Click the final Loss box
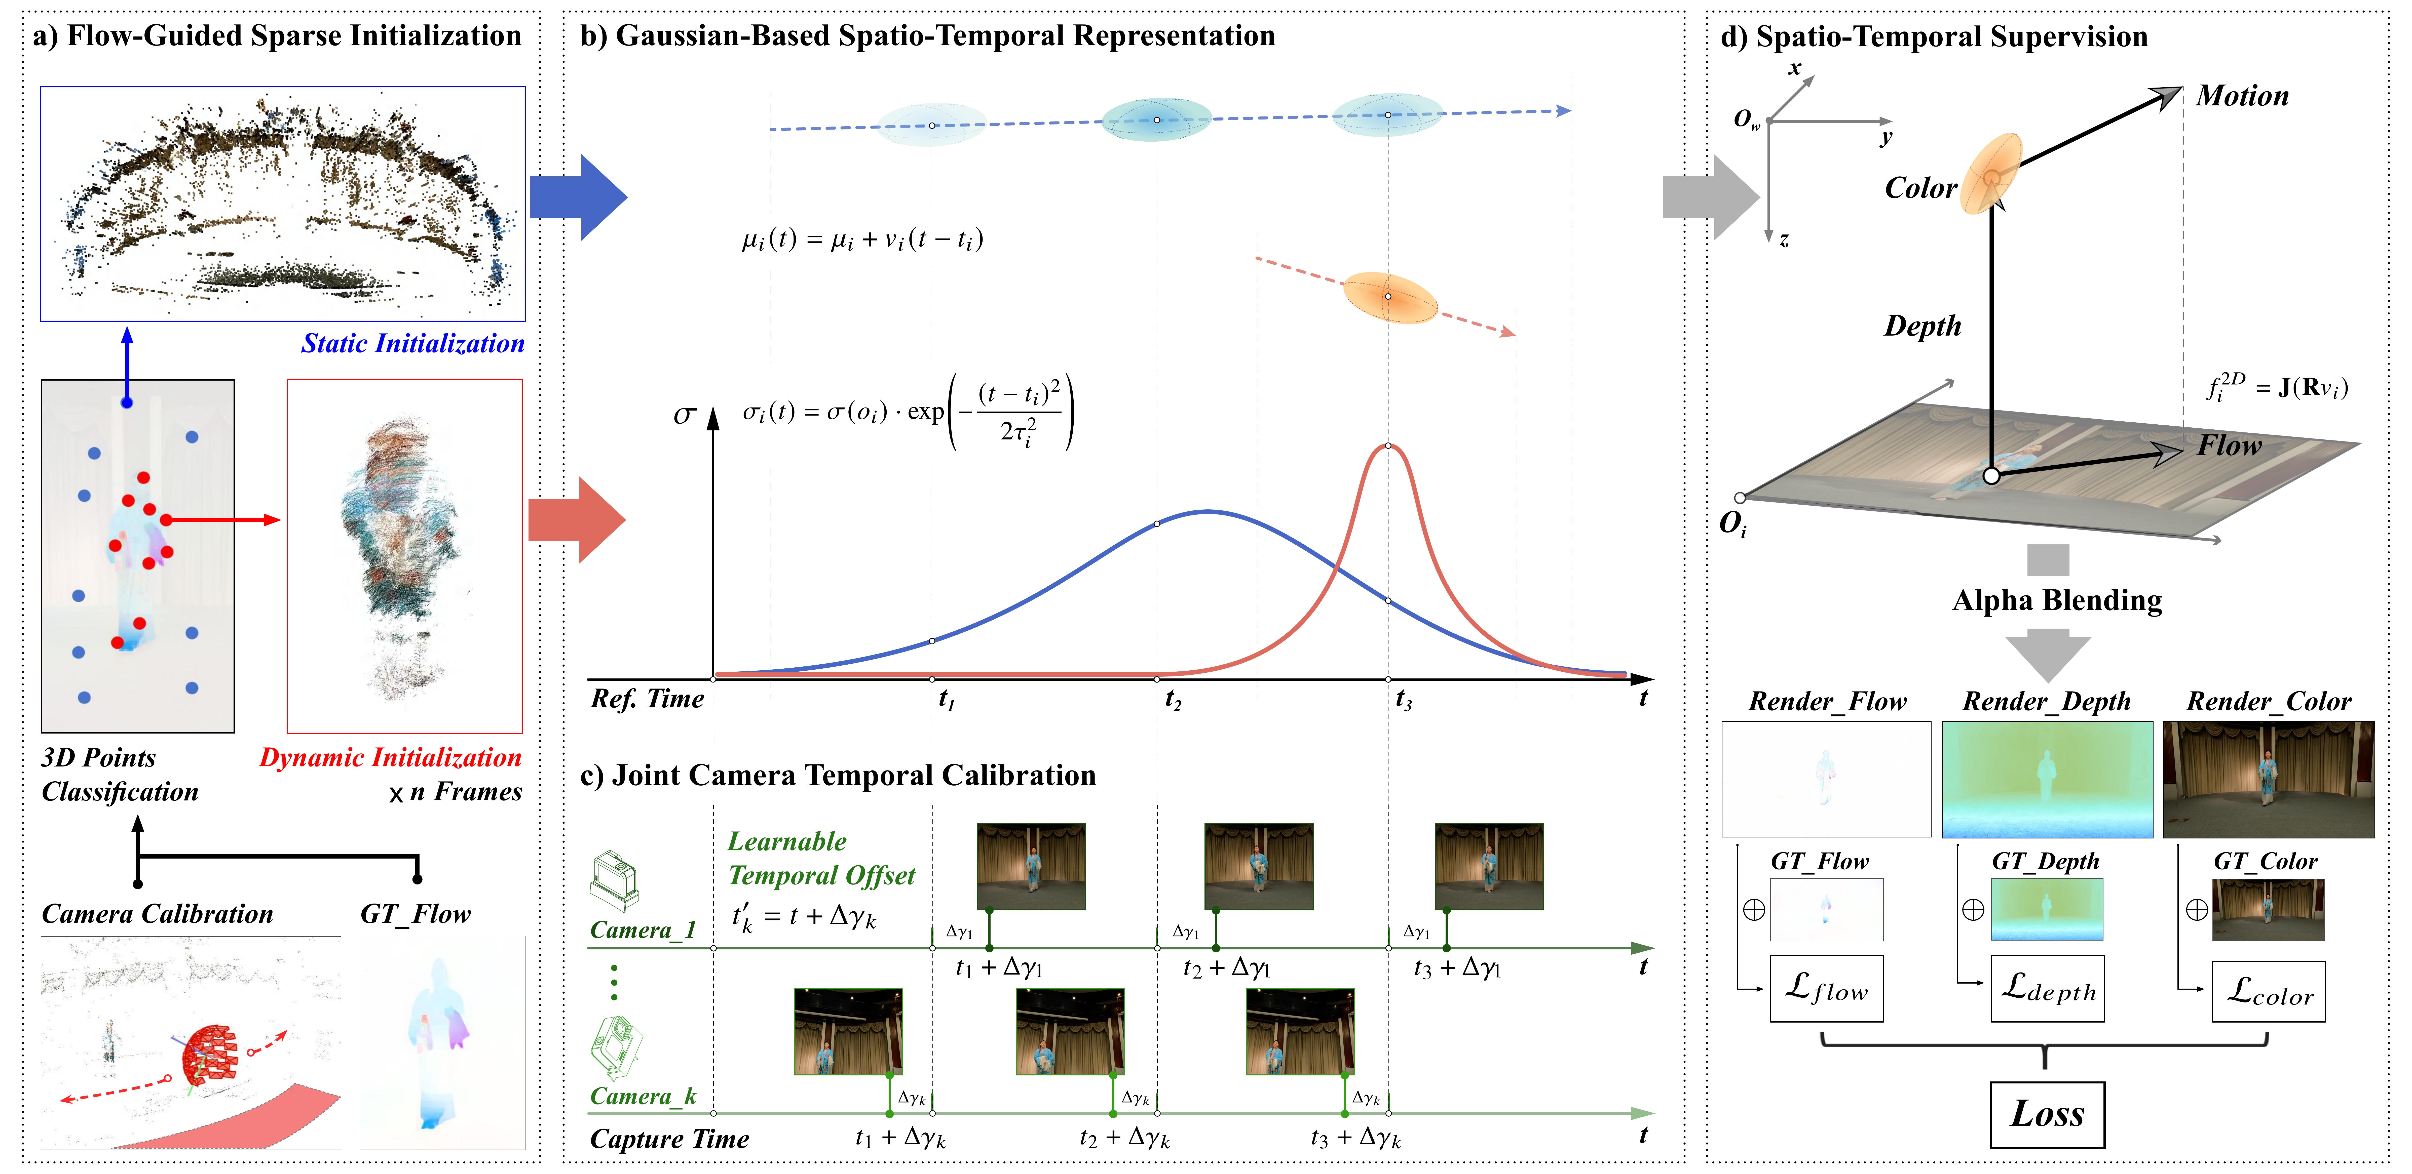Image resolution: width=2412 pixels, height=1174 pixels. [2047, 1114]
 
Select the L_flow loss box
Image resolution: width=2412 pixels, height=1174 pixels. [1826, 989]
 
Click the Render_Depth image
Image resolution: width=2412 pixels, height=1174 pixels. [2047, 779]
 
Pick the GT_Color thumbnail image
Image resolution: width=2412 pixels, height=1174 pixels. [2268, 909]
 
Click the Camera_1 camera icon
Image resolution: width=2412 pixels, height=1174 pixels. [614, 880]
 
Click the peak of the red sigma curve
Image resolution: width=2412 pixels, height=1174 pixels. [1388, 446]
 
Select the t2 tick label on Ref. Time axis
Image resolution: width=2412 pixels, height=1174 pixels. [1172, 699]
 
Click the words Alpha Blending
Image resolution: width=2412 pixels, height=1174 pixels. [2057, 600]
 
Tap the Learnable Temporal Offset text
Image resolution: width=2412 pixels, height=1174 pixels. [821, 859]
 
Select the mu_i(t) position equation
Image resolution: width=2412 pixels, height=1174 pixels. [862, 240]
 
